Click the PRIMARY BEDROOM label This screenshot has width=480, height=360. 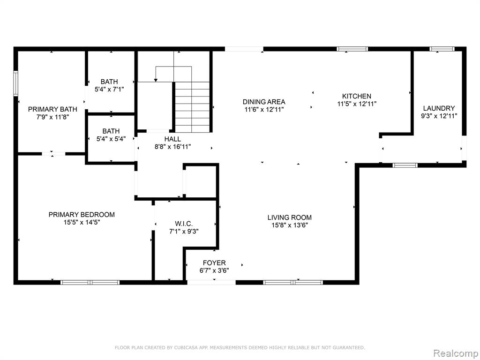click(82, 215)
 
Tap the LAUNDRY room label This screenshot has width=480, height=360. click(439, 108)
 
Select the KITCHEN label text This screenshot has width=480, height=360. click(357, 96)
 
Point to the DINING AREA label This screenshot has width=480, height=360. click(264, 102)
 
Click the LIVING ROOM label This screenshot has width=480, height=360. click(290, 217)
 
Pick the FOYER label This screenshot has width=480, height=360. click(214, 262)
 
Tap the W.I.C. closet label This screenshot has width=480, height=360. click(184, 224)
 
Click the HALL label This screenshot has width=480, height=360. click(172, 139)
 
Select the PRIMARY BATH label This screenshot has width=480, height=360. click(52, 109)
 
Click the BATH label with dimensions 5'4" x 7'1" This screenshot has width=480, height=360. click(109, 82)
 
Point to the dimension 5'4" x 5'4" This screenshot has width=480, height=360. click(111, 139)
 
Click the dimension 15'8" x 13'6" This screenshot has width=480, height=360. click(290, 225)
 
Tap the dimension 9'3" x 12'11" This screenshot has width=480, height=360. click(439, 116)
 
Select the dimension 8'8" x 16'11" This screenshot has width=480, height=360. click(172, 147)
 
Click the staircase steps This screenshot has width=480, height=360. click(192, 107)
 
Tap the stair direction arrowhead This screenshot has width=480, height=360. click(156, 80)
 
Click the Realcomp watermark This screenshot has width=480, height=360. click(456, 353)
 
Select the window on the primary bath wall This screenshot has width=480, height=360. click(15, 83)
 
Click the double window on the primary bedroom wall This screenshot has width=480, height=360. click(90, 282)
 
